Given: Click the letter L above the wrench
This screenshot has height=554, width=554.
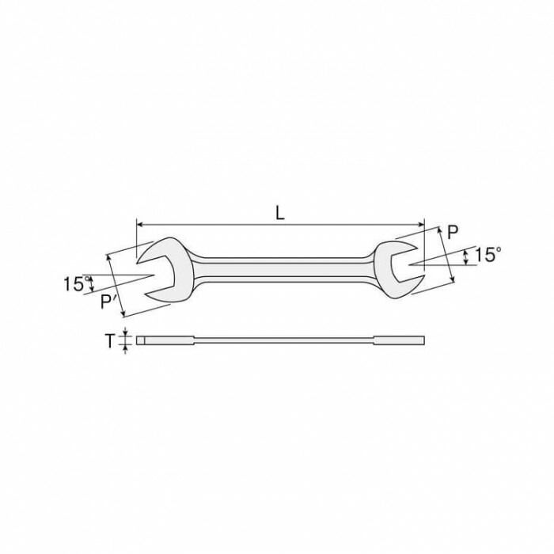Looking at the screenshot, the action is coord(280,214).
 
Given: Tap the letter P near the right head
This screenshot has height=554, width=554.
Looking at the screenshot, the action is coord(453,232).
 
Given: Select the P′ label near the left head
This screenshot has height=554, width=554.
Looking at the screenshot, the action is coord(107,302).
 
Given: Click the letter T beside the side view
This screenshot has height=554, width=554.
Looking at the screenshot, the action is coord(110,341).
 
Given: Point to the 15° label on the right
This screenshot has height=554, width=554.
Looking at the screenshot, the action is coord(488,255).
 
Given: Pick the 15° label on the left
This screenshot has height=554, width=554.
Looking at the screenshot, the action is coord(76,283).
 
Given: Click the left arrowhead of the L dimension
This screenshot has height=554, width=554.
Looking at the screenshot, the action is coord(139,224).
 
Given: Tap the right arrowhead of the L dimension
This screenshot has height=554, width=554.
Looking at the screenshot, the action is coord(421,224).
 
